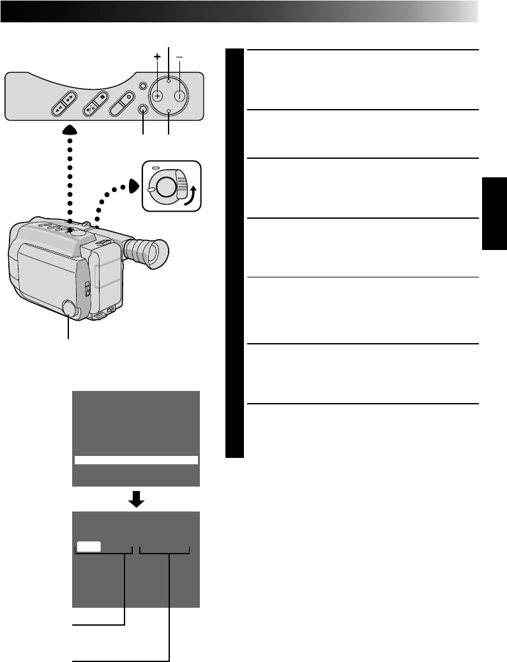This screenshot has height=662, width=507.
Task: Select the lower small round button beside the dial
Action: [144, 109]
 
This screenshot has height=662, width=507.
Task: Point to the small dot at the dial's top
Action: [169, 81]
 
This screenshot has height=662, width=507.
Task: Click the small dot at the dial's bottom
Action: [169, 112]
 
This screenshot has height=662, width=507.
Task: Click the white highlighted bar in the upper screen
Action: [136, 460]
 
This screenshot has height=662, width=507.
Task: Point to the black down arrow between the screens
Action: [136, 500]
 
